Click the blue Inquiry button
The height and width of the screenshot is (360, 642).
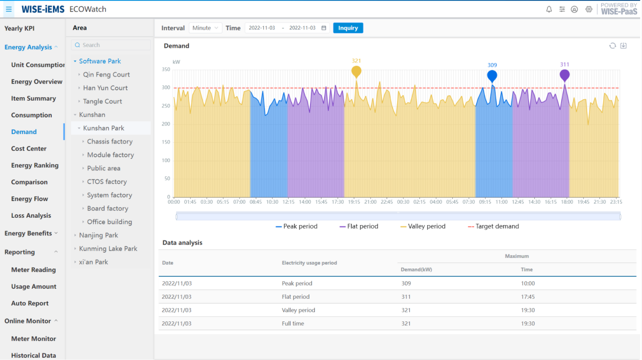348,28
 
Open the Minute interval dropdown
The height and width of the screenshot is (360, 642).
205,28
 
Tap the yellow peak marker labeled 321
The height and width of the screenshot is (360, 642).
356,71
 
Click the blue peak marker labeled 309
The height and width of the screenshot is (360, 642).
492,76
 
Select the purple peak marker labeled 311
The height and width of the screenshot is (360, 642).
564,75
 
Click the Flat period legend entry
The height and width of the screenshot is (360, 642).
359,226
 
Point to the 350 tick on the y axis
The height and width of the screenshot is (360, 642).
166,70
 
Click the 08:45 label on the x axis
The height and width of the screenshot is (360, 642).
256,202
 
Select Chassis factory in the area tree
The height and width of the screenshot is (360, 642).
109,141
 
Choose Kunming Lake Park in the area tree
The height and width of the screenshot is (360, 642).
108,249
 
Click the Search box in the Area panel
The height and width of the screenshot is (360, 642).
111,45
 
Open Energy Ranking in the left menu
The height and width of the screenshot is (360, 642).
35,166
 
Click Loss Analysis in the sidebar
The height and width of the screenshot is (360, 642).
31,215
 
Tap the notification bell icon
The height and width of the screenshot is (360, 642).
549,9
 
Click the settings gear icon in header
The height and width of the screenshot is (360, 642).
589,9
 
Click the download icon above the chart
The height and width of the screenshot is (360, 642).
623,46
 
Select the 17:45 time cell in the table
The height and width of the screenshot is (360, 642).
528,297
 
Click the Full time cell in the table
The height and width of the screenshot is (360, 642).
293,324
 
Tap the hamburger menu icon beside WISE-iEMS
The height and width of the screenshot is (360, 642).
9,9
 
